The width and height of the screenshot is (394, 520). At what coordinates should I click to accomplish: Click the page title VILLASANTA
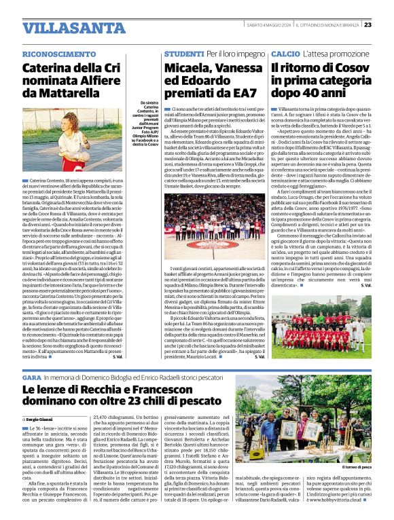pos(65,29)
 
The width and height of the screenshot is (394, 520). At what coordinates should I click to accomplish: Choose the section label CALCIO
pos(285,54)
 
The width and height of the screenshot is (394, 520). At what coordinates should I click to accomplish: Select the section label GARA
pos(32,377)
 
